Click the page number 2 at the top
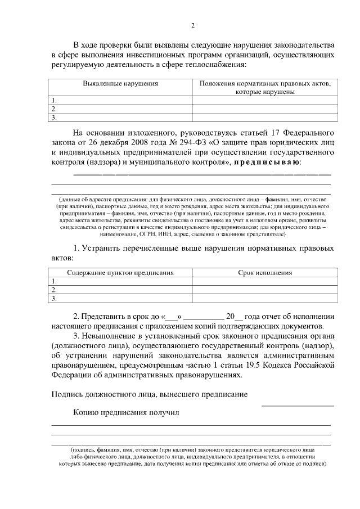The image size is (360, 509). (x=192, y=26)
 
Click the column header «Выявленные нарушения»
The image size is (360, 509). (x=120, y=83)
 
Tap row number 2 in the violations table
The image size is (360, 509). (x=54, y=109)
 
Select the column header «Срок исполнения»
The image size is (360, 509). (x=265, y=273)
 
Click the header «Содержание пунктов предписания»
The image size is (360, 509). (x=120, y=273)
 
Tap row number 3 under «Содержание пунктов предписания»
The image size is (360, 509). (x=54, y=299)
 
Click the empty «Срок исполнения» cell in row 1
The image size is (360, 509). (x=265, y=281)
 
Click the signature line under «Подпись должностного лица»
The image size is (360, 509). (x=298, y=405)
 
